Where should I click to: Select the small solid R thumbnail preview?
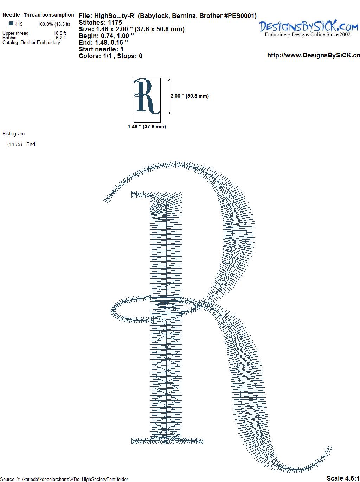(147, 96)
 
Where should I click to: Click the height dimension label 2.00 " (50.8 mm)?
(189, 96)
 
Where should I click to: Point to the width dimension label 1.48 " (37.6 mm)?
(147, 127)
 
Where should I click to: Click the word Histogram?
(13, 134)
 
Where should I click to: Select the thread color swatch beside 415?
(12, 23)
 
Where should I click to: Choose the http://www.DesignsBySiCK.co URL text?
(314, 55)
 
